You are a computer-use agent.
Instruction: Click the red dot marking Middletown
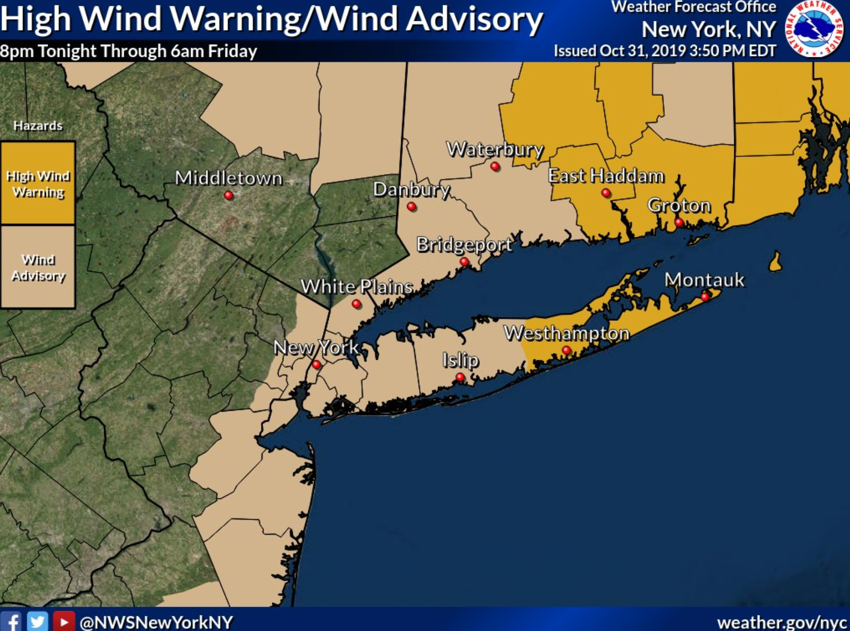coord(229,195)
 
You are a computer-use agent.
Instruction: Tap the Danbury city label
coord(411,189)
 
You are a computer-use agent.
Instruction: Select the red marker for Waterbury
coord(495,167)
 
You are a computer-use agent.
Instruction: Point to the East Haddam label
coord(606,175)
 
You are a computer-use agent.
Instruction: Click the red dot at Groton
coord(679,223)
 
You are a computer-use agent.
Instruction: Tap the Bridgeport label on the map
coord(464,245)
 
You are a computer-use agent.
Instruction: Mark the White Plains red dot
coord(356,304)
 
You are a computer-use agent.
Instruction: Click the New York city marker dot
coord(317,365)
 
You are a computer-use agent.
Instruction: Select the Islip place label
coord(460,360)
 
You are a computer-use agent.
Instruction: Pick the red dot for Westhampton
coord(566,351)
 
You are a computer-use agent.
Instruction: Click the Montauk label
coord(704,280)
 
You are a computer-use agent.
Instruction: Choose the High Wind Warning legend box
coord(38,183)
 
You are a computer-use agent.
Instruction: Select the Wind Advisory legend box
coord(38,267)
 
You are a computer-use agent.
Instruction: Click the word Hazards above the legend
coord(38,126)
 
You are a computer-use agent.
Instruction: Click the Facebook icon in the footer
coord(11,621)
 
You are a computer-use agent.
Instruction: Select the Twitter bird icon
coord(37,621)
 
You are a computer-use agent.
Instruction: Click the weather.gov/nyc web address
coord(783,622)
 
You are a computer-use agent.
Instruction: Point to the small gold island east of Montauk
coord(776,263)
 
